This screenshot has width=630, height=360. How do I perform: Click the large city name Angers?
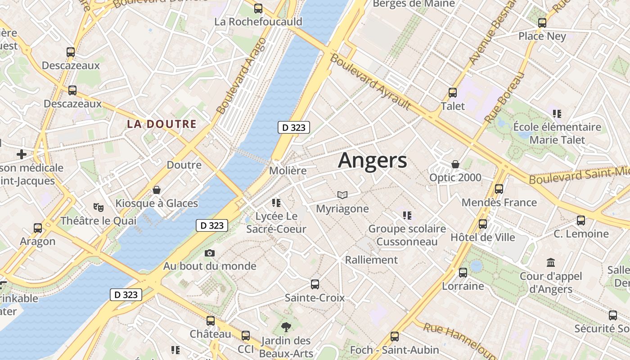[x=372, y=161]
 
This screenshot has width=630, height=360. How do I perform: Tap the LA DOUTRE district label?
[x=162, y=124]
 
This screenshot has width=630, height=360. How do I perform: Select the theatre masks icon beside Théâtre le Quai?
[x=98, y=207]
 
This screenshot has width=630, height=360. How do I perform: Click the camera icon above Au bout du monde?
[x=209, y=253]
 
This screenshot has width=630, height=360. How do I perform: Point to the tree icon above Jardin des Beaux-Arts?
[x=285, y=327]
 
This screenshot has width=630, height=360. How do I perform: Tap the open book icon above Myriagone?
[x=342, y=195]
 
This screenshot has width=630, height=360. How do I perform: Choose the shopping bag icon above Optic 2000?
[x=455, y=164]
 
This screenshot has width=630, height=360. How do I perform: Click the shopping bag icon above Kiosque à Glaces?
[x=157, y=190]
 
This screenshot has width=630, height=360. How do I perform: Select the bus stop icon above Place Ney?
[x=542, y=22]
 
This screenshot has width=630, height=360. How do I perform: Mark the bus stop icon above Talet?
[x=453, y=93]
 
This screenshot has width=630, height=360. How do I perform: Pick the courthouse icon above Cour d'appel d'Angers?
[x=550, y=262]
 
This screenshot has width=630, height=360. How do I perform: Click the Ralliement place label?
[x=371, y=260]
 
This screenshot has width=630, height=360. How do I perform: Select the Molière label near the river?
[x=288, y=171]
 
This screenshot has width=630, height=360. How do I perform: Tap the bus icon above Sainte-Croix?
[x=315, y=284]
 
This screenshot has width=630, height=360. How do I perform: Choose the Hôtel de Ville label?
[x=482, y=237]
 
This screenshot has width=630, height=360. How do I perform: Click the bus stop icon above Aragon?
[x=38, y=228]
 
